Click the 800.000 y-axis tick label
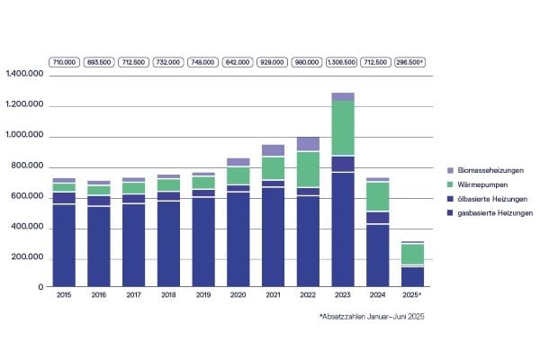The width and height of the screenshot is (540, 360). [x=29, y=167]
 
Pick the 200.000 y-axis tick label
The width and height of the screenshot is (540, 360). [x=29, y=259]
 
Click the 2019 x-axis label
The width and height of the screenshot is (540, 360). [x=203, y=295]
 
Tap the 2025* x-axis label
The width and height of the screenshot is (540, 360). [x=412, y=295]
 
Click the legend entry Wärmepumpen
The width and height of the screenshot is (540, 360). [x=482, y=184]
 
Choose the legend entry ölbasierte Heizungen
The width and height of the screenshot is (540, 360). [x=494, y=198]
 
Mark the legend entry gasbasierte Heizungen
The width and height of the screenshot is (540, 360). [x=496, y=212]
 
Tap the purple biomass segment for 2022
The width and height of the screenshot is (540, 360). [x=308, y=144]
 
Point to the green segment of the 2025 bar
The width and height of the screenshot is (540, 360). [x=412, y=254]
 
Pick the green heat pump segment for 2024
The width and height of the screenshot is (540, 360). [x=377, y=196]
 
